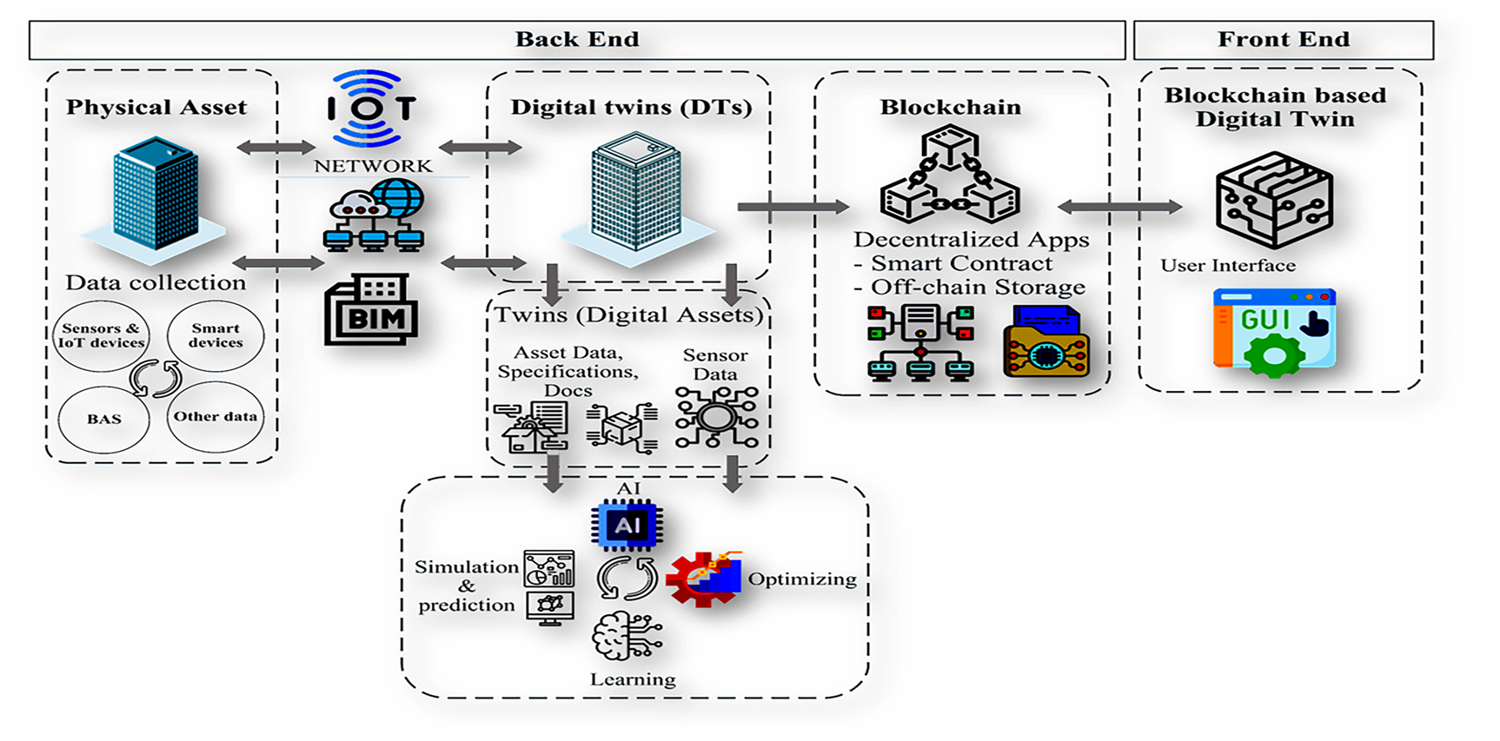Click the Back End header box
pos(577,40)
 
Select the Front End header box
pos(1283,40)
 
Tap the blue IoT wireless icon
pos(371,109)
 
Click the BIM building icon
pos(371,310)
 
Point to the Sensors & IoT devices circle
pos(101,335)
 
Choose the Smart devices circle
pos(216,335)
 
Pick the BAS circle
pos(103,419)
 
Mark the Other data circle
pos(216,417)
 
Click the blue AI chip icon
pos(627,526)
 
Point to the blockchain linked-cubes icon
pos(949,176)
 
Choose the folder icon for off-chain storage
pos(1045,342)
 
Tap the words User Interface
pos(1228,266)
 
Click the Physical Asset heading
pos(156,108)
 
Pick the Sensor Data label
pos(715,365)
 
